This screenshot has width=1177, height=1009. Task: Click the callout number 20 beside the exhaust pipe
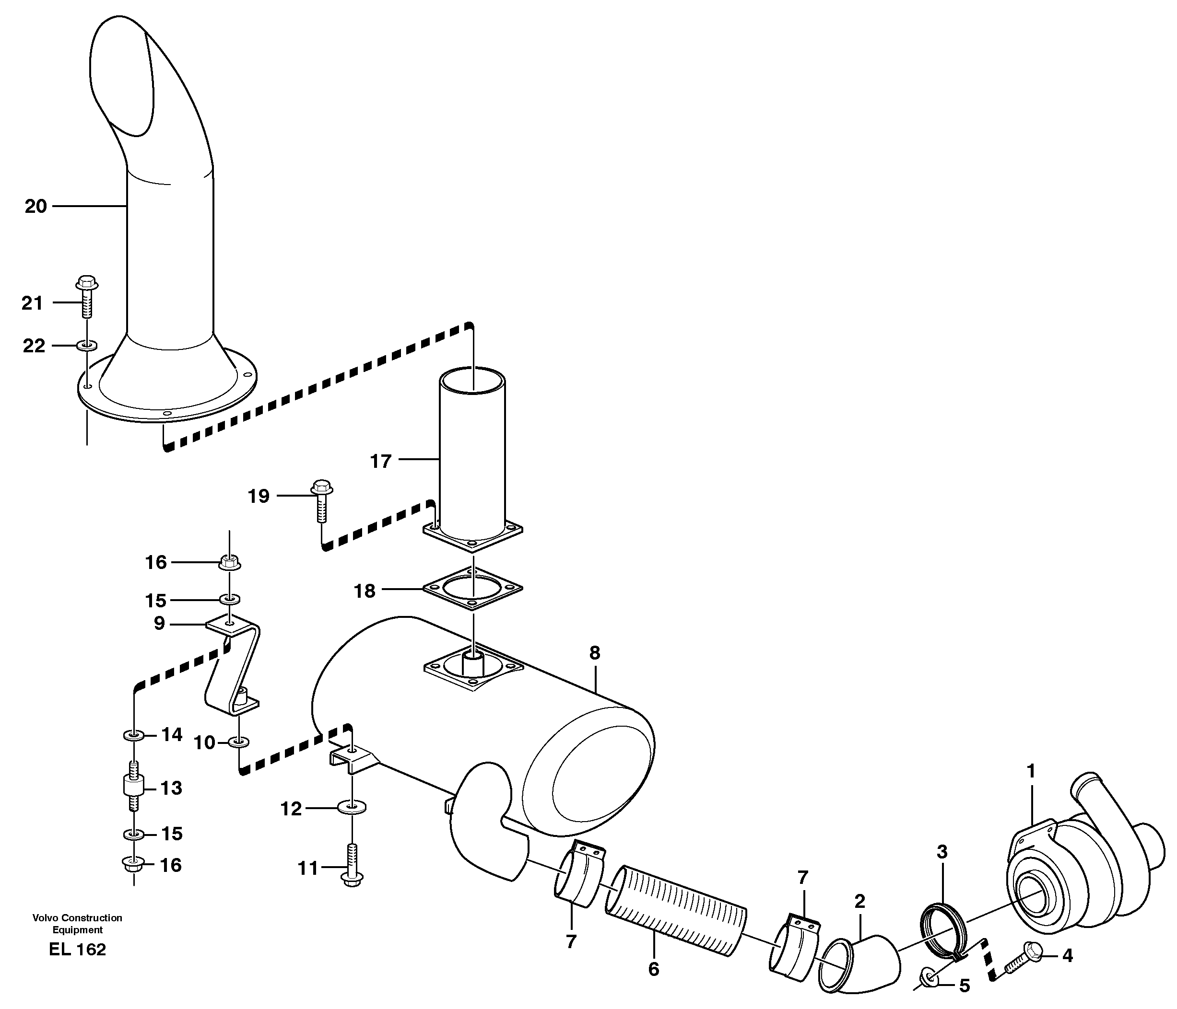click(x=35, y=207)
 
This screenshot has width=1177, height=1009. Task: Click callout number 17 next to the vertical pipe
click(x=381, y=461)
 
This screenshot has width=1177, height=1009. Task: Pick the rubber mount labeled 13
click(x=132, y=787)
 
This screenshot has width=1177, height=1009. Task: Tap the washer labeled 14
click(x=132, y=736)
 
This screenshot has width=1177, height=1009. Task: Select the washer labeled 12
click(x=352, y=806)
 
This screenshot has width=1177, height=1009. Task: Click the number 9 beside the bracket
click(x=159, y=624)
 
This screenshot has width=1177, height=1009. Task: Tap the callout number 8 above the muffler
click(x=594, y=653)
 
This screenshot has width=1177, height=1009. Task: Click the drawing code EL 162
click(x=77, y=950)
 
